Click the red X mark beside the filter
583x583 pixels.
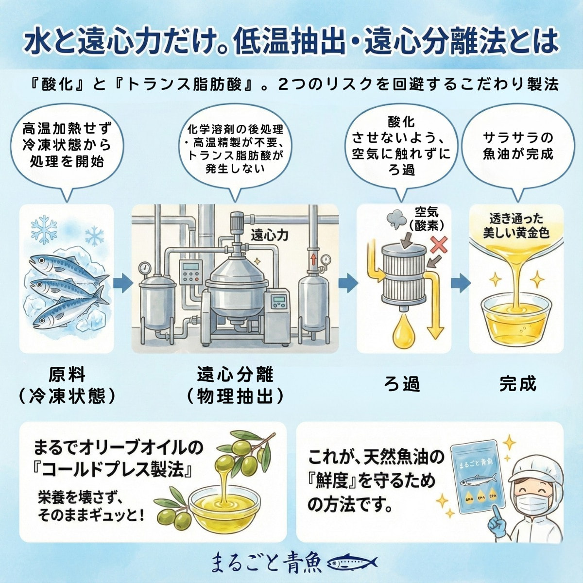click(x=439, y=245)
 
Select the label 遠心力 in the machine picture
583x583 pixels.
click(x=270, y=236)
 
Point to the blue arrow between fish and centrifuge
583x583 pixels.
click(x=123, y=283)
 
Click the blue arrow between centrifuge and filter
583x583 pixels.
click(x=348, y=283)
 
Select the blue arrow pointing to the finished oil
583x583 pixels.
click(x=460, y=283)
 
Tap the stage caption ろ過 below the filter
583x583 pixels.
click(x=402, y=384)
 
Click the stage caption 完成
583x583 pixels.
click(x=518, y=384)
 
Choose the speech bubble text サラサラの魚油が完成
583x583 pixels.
click(x=518, y=146)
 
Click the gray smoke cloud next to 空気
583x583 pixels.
click(x=396, y=220)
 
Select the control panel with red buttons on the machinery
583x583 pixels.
click(x=191, y=272)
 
